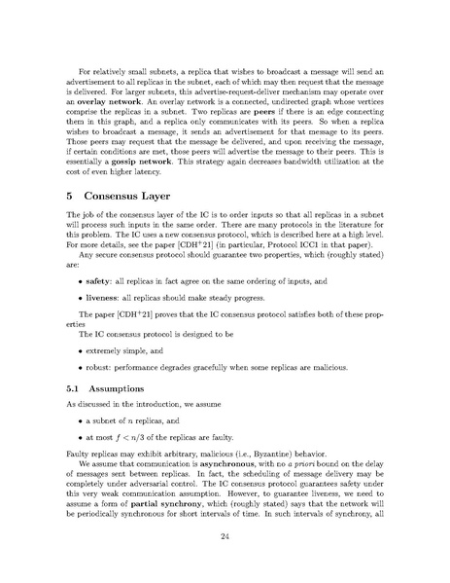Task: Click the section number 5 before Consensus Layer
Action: (x=70, y=222)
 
